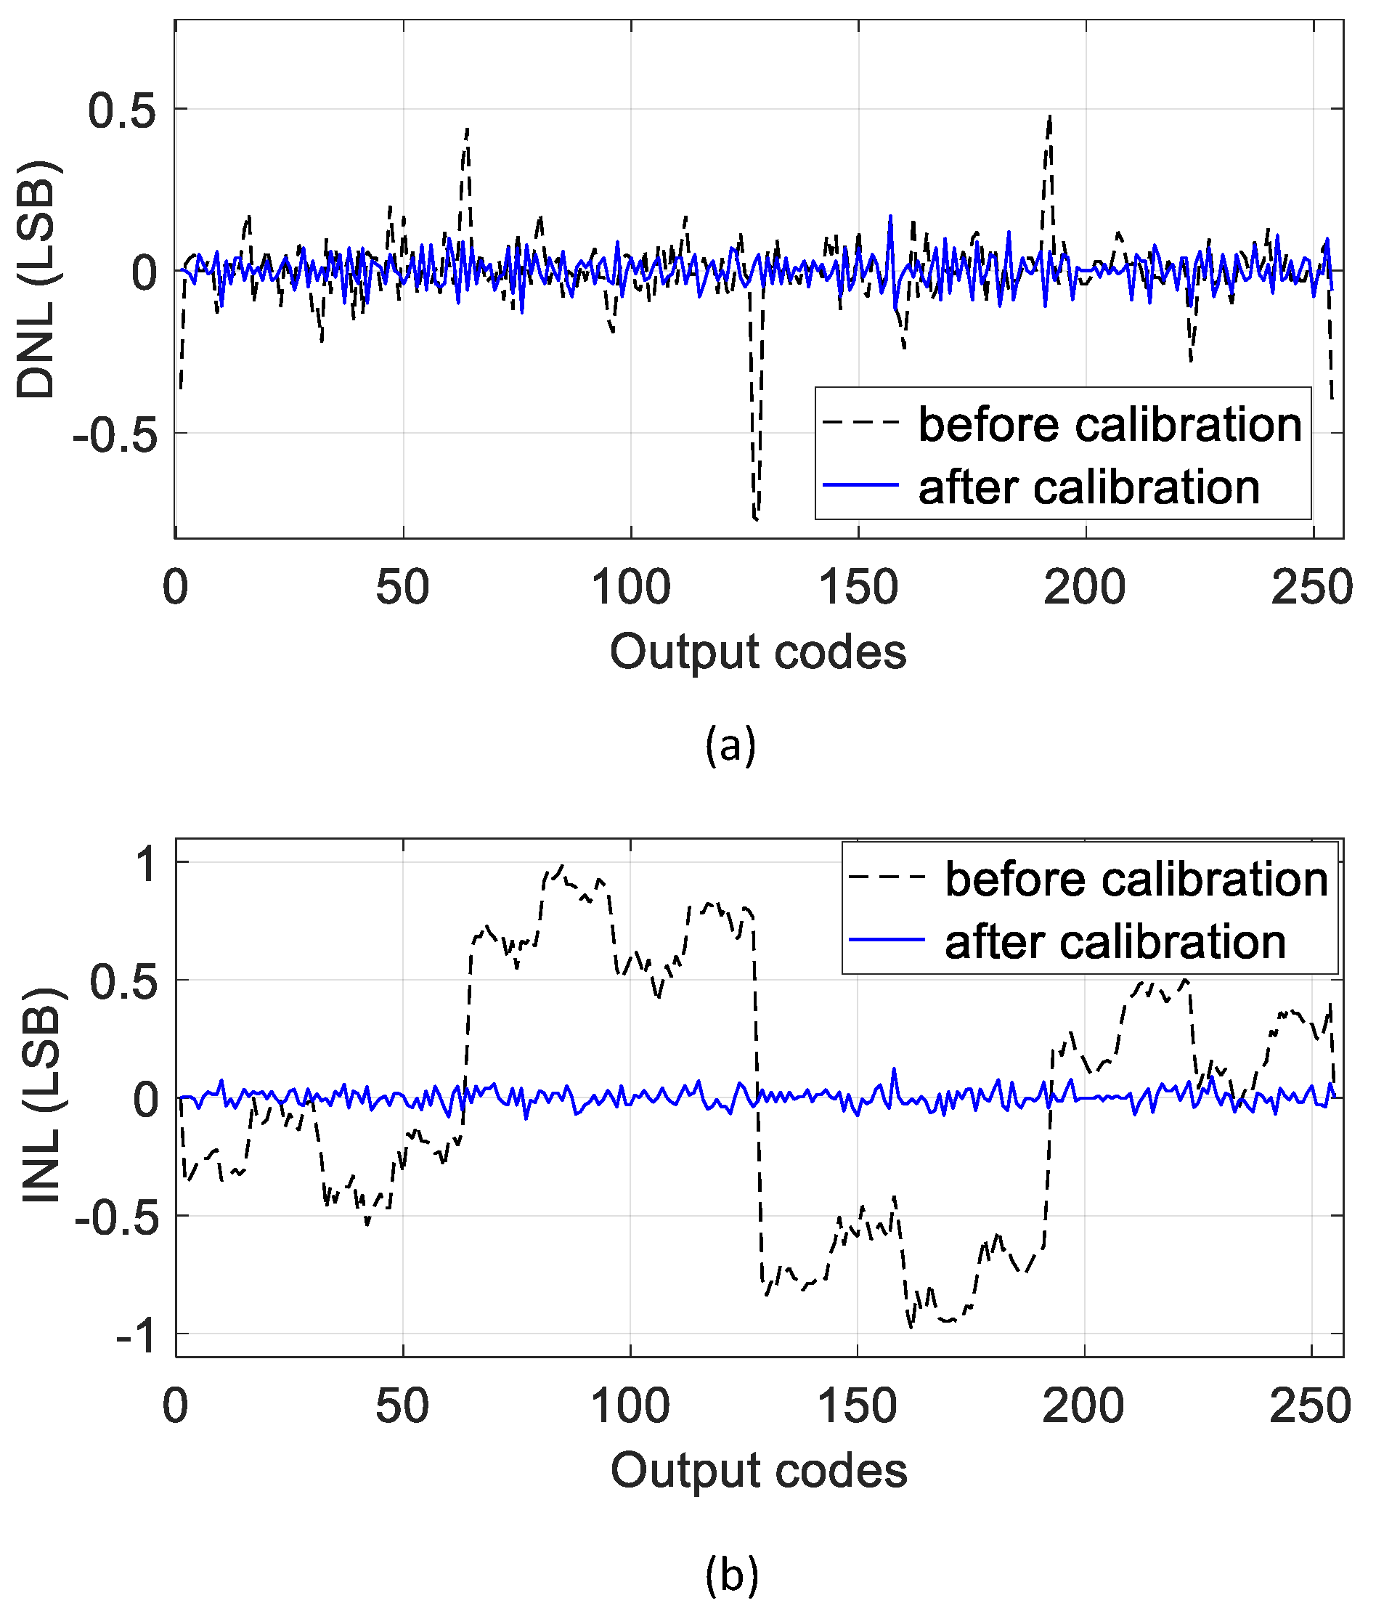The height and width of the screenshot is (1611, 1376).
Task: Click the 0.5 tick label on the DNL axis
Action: click(x=122, y=110)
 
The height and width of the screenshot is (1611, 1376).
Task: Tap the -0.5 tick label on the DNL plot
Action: click(x=115, y=434)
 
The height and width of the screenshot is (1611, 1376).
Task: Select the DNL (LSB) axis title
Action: click(x=36, y=280)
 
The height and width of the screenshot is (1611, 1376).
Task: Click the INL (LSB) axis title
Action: click(x=41, y=1096)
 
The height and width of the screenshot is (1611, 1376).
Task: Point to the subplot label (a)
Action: click(x=730, y=745)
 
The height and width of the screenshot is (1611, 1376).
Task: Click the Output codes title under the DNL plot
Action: click(x=758, y=652)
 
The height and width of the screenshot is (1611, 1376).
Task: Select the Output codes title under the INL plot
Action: click(x=759, y=1470)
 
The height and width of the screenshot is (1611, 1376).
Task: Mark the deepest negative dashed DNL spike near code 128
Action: click(x=756, y=516)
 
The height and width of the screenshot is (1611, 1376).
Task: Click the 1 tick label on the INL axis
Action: click(x=146, y=864)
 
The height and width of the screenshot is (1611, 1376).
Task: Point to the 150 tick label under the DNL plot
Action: click(x=858, y=588)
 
